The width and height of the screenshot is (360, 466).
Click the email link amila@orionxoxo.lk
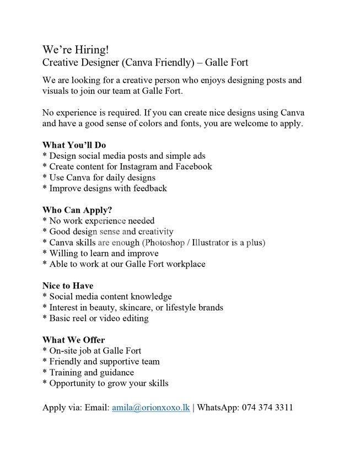(x=151, y=408)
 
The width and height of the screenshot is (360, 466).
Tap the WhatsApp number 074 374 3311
(x=267, y=408)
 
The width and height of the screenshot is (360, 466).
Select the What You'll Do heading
(x=74, y=145)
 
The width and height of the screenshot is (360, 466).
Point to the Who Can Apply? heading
(x=77, y=210)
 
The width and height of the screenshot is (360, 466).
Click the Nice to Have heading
(x=68, y=286)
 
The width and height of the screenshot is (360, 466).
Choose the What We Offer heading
(x=73, y=340)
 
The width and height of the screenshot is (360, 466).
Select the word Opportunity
(x=75, y=383)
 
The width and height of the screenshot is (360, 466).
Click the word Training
(x=66, y=372)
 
